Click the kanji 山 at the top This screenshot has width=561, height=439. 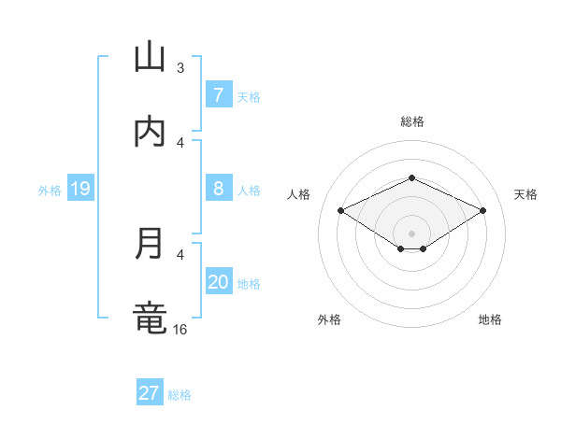(150, 57)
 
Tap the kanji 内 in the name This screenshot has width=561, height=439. (150, 132)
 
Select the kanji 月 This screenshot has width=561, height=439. (150, 244)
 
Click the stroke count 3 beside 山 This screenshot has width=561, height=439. (180, 67)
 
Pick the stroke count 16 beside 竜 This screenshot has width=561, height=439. (181, 329)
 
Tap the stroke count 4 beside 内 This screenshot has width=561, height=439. (180, 142)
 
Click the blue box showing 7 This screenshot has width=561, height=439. (218, 94)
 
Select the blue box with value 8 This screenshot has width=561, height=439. (218, 188)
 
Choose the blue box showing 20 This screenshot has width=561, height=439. (218, 281)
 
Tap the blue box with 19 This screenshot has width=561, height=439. (79, 190)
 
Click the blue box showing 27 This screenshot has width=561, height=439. (150, 393)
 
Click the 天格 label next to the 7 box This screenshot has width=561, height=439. (249, 96)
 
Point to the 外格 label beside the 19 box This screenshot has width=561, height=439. (50, 191)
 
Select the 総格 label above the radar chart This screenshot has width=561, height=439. (412, 121)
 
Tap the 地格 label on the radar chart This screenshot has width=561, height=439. (490, 319)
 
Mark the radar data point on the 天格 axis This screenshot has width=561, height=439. (483, 211)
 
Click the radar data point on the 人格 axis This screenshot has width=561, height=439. (341, 211)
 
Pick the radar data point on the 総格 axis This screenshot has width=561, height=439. (411, 177)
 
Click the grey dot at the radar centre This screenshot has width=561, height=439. (411, 233)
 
